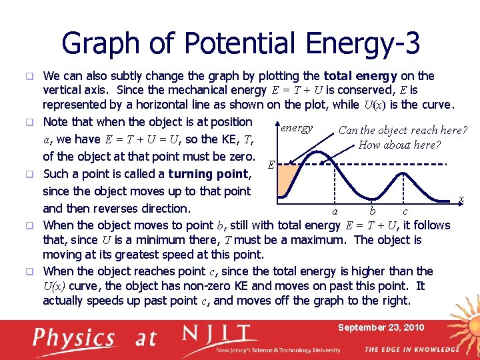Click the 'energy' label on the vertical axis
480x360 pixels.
click(x=296, y=127)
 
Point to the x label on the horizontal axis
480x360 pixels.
click(x=461, y=199)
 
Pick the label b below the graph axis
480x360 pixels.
click(x=372, y=211)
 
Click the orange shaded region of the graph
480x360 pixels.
click(x=287, y=177)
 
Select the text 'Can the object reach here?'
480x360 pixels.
click(x=403, y=130)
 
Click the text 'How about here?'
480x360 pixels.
click(x=399, y=145)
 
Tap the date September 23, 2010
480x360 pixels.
click(x=381, y=328)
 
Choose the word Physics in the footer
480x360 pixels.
click(x=74, y=339)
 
